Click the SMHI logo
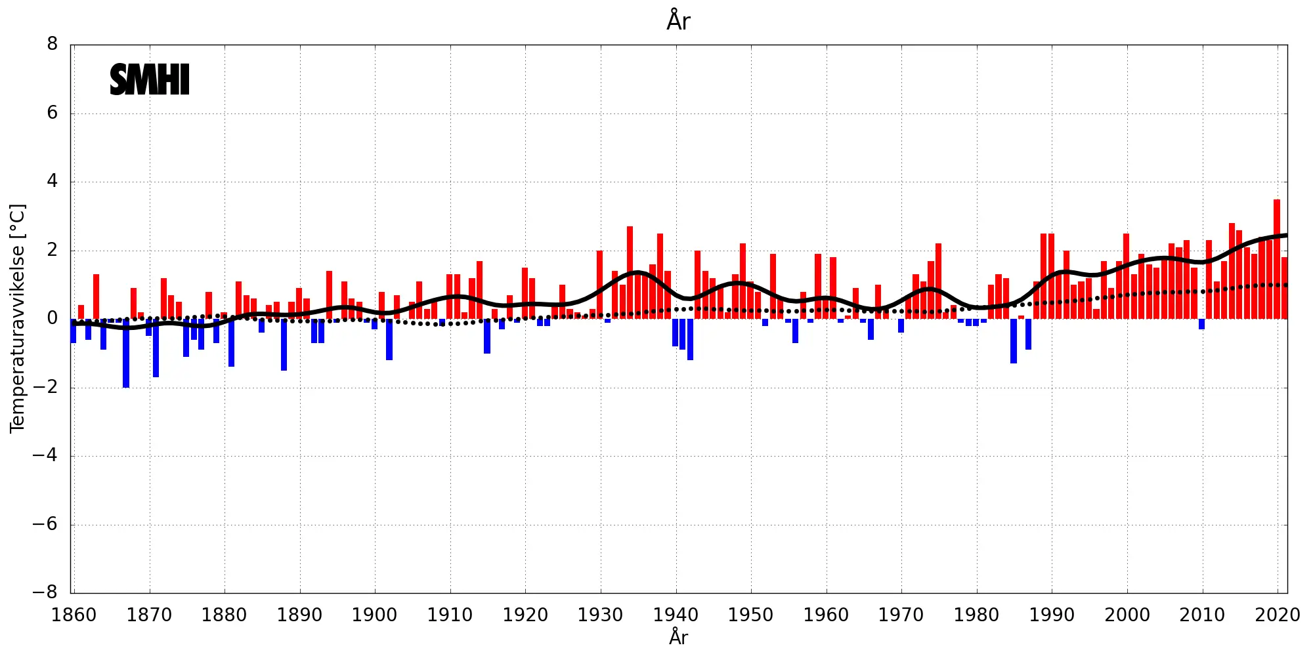click(150, 80)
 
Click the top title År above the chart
click(678, 21)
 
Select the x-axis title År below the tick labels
click(678, 637)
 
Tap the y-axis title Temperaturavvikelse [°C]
click(17, 318)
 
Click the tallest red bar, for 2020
click(1277, 259)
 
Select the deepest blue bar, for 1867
click(126, 353)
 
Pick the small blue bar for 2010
click(1201, 324)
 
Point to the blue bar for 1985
click(1014, 341)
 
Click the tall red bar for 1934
click(630, 272)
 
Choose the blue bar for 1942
click(690, 339)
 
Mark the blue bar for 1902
click(389, 339)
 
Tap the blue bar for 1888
click(284, 344)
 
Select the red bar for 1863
click(96, 297)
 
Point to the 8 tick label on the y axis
click(53, 44)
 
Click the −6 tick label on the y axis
click(46, 524)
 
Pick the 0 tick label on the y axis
click(53, 318)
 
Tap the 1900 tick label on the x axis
click(375, 615)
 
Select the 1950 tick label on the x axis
click(750, 615)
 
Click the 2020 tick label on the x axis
click(1277, 615)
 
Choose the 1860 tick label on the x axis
click(74, 615)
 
